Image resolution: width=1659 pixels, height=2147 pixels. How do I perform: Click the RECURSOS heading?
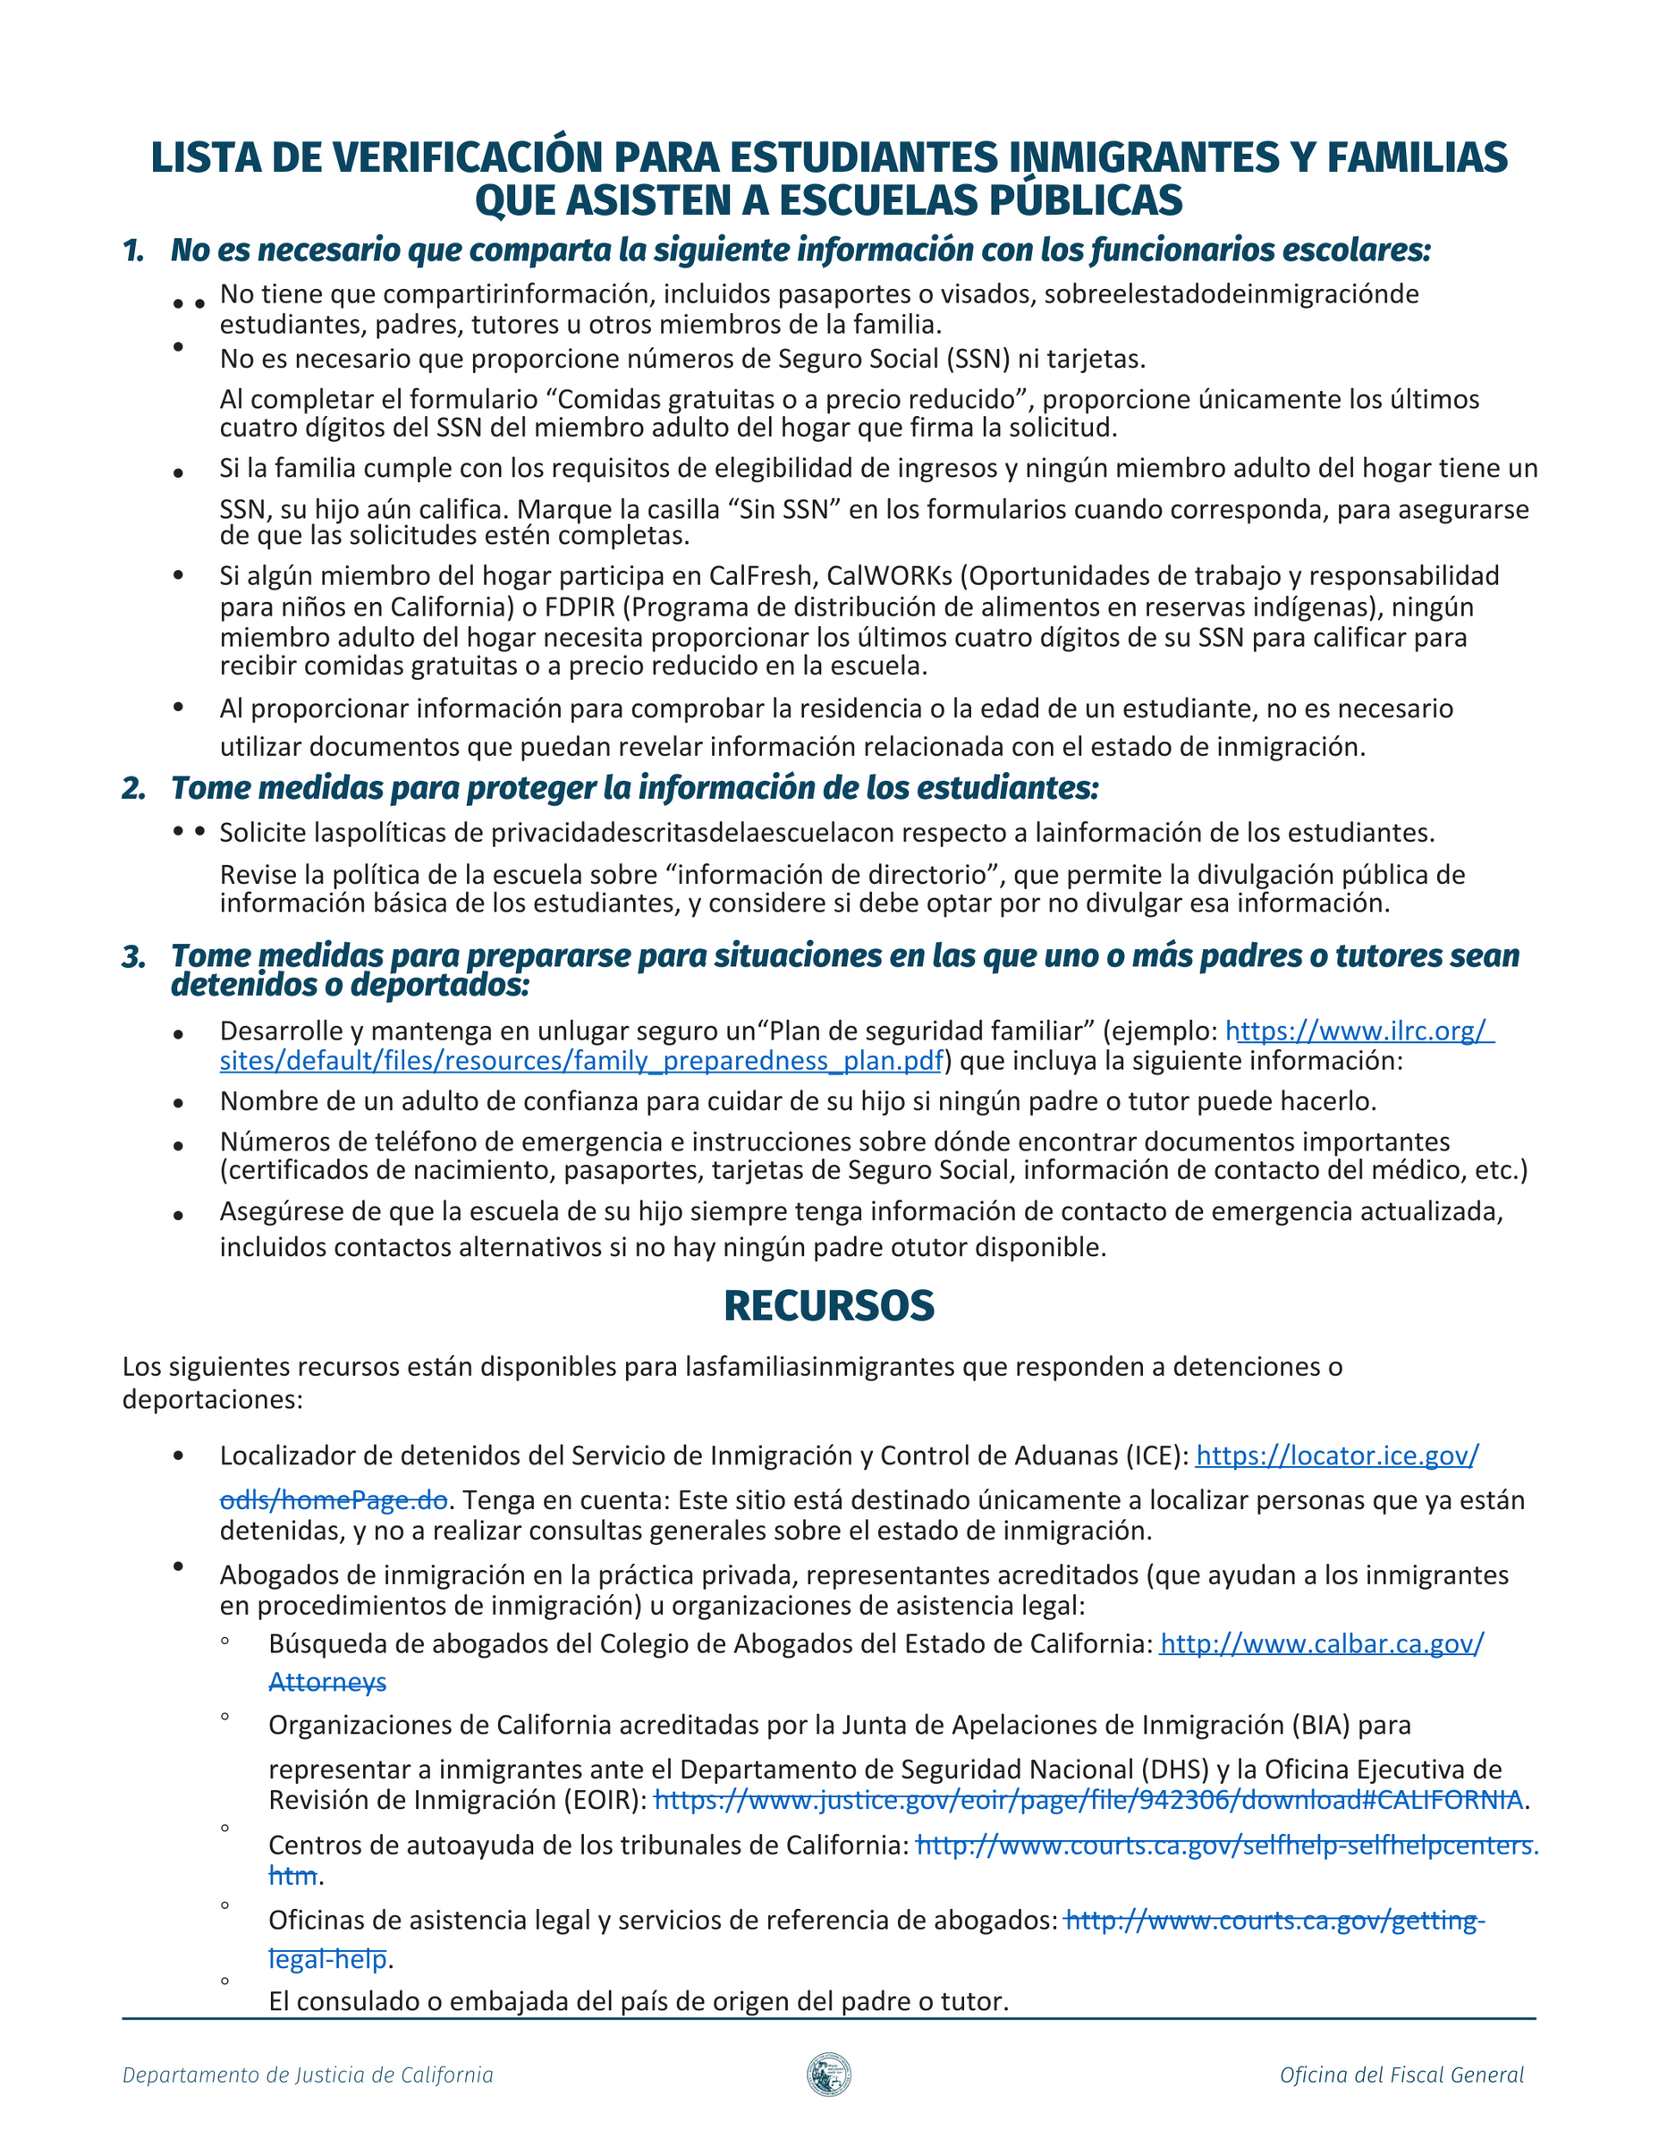[x=828, y=1305]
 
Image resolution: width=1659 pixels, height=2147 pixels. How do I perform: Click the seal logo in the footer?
[x=828, y=2075]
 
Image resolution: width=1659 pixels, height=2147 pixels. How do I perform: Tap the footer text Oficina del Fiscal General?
[x=1401, y=2075]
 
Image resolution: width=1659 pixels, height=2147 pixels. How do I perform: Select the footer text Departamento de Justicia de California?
[x=308, y=2075]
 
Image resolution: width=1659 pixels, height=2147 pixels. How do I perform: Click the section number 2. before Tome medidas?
[x=133, y=788]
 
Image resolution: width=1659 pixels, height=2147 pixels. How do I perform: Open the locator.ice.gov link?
[x=1337, y=1455]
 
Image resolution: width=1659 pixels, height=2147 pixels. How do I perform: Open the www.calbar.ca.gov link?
[x=1322, y=1643]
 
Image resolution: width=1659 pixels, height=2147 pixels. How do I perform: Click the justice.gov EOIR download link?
[x=1088, y=1800]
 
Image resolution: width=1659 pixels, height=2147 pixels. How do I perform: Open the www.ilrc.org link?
[x=1359, y=1031]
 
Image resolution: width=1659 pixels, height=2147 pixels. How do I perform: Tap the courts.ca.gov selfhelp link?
[x=1226, y=1846]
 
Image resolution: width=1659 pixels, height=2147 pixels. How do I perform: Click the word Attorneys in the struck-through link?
[x=327, y=1682]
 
